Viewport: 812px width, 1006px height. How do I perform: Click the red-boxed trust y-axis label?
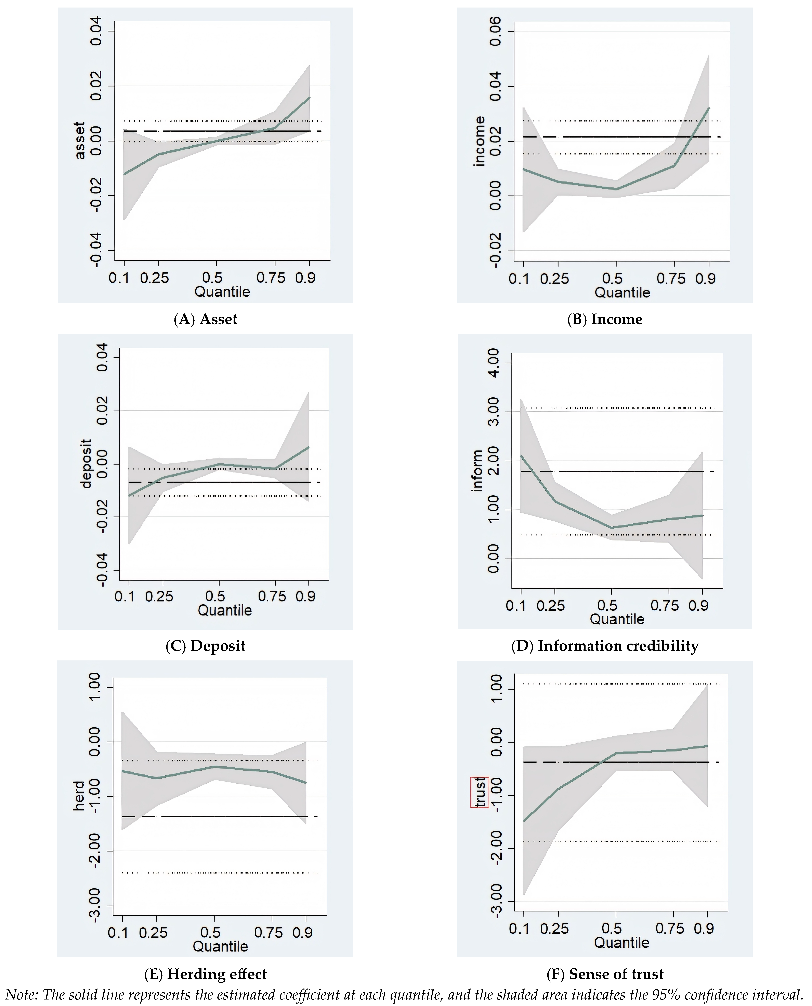[x=480, y=792]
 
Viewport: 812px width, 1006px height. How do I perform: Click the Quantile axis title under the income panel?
[x=622, y=293]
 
